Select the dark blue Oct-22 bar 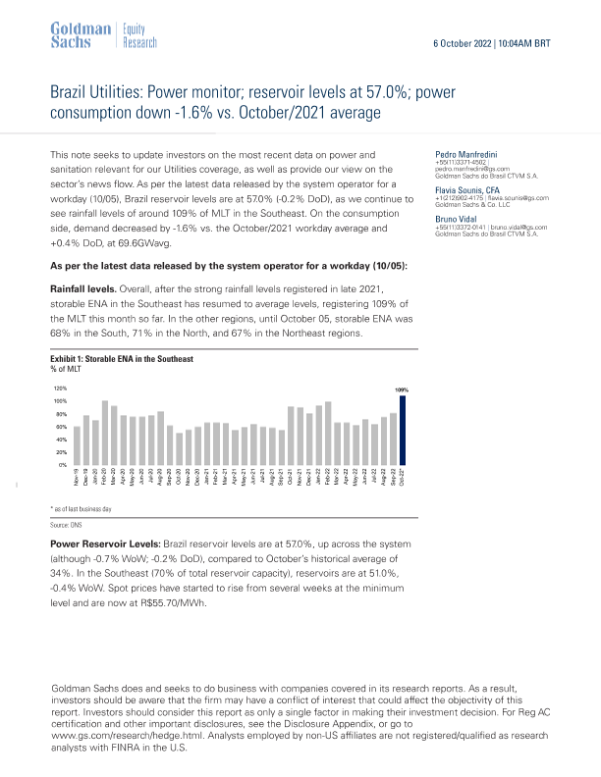coord(402,431)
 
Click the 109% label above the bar coord(401,390)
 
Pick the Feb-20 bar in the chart coord(105,433)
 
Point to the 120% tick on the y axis coord(59,389)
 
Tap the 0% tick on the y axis coord(62,465)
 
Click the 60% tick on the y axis coord(60,428)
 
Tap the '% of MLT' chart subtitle coord(66,369)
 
